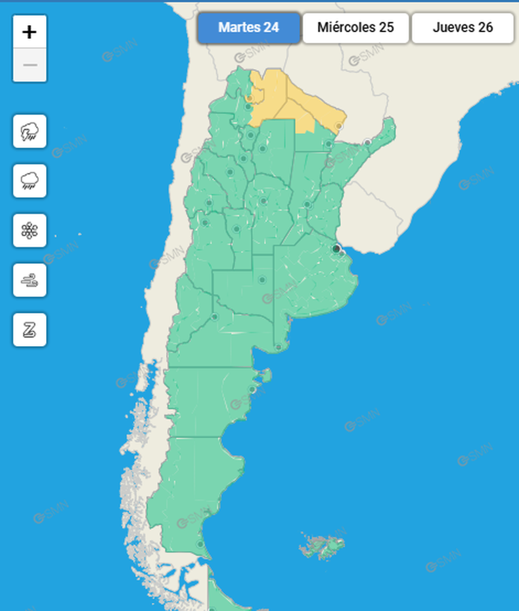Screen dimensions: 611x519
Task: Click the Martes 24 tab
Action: click(x=249, y=28)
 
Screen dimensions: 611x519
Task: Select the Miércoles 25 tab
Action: click(x=355, y=28)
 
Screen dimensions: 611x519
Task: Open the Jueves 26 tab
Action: click(x=463, y=28)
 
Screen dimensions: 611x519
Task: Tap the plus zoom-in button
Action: click(x=30, y=32)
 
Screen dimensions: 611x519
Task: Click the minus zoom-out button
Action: click(x=30, y=65)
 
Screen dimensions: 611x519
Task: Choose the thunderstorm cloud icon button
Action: click(x=30, y=132)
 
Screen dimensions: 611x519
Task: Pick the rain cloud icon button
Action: click(x=30, y=181)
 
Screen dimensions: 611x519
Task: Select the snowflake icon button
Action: click(x=30, y=230)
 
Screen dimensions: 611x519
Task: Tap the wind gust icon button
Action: click(x=30, y=280)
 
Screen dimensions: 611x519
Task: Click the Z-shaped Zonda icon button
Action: click(x=30, y=330)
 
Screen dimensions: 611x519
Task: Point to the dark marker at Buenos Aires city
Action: click(x=336, y=249)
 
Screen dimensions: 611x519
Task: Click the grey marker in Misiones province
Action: click(x=367, y=142)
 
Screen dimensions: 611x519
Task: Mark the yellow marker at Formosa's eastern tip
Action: click(x=339, y=126)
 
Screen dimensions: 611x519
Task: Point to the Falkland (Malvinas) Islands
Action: click(x=323, y=547)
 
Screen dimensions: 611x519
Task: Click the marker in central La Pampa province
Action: click(x=262, y=280)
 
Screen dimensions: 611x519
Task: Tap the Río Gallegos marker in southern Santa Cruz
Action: click(x=200, y=544)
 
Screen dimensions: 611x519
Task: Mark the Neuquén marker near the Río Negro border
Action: click(x=215, y=316)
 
